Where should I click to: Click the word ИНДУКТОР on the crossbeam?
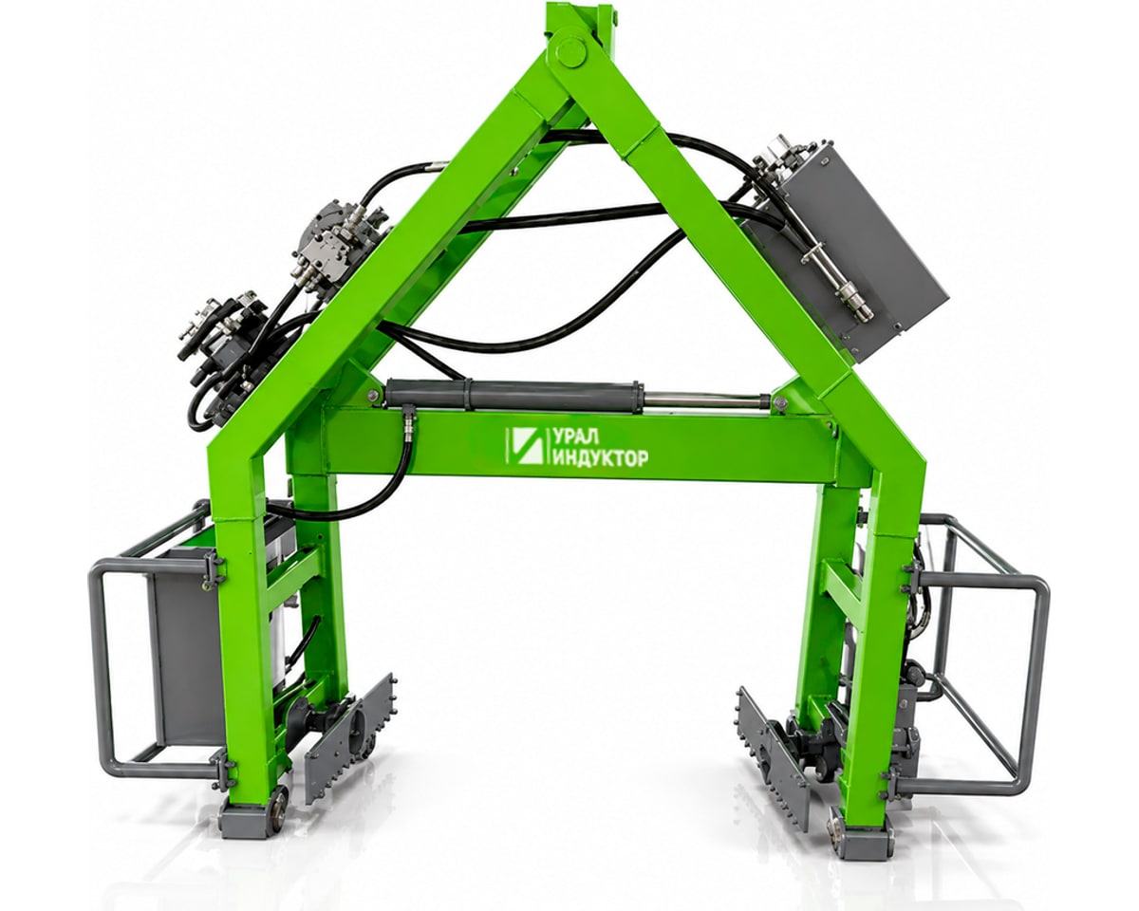coord(599,457)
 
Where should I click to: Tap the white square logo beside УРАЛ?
coord(526,446)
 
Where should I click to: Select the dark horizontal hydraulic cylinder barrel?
coord(513,395)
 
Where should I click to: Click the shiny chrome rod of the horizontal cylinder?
coord(704,400)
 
